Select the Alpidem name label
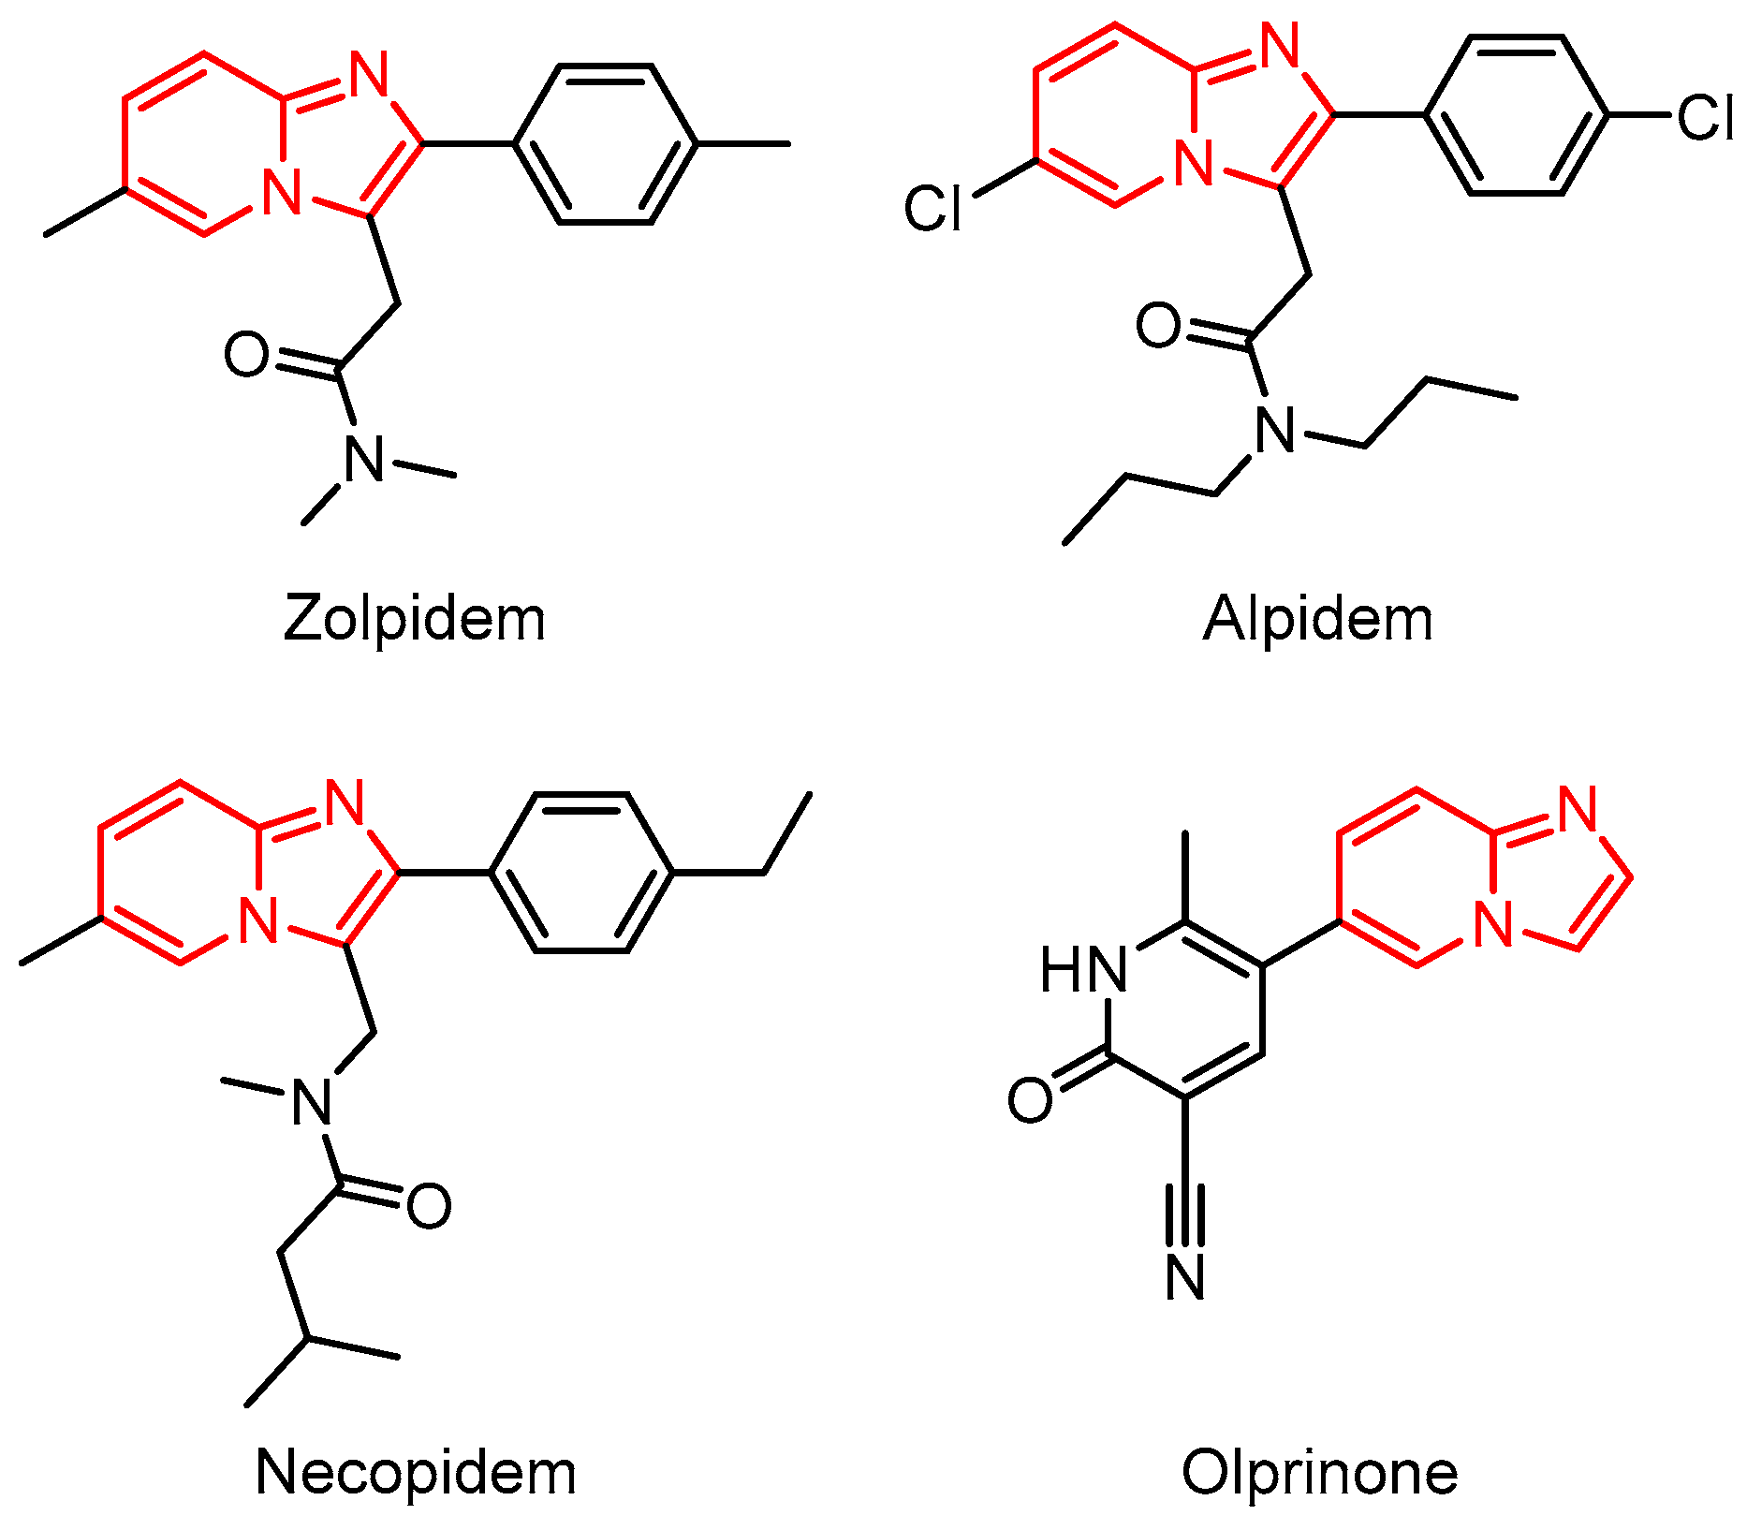point(1317,620)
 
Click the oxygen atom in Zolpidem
point(247,355)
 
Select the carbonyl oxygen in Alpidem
point(1159,326)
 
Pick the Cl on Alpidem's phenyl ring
point(1705,118)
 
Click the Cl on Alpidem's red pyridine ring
point(932,208)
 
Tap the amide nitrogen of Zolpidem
point(364,460)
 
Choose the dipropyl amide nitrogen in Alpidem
point(1275,431)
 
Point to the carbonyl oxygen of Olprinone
point(1030,1099)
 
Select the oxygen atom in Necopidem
point(429,1206)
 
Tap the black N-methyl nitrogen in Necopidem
point(312,1101)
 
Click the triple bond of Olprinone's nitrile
point(1185,1214)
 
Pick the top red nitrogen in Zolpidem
point(370,74)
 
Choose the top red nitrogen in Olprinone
point(1578,808)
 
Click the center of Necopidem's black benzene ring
point(580,873)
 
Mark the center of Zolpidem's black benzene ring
point(605,144)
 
